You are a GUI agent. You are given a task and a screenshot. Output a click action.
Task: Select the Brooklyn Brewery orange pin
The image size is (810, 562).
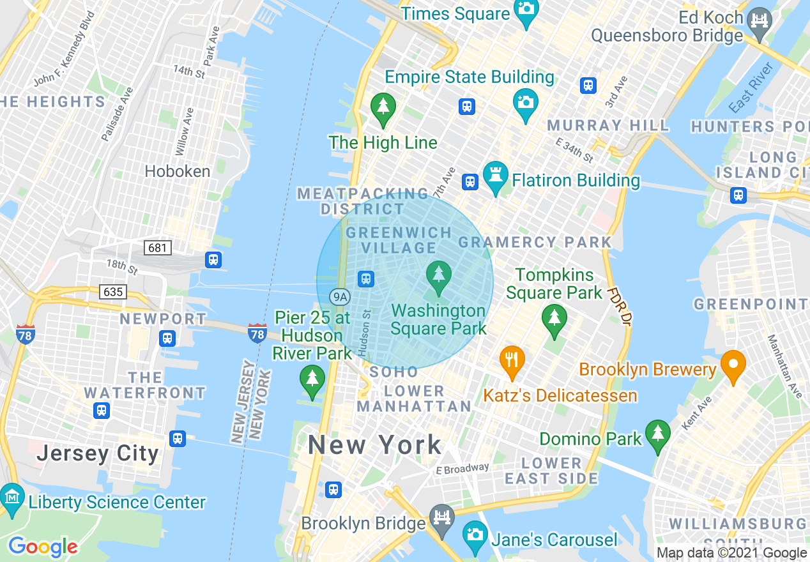pos(733,366)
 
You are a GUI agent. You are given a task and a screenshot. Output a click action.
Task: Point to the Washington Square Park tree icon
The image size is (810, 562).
pos(438,276)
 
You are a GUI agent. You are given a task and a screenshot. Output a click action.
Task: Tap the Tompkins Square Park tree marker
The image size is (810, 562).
pos(554,319)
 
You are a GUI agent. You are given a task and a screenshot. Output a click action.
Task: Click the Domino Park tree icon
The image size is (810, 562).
pos(657,435)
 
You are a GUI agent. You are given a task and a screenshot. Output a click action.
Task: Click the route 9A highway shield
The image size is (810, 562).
pos(340,296)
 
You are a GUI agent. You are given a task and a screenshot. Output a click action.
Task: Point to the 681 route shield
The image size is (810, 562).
pos(157,247)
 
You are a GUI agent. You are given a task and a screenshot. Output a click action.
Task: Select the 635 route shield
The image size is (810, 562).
pos(113,292)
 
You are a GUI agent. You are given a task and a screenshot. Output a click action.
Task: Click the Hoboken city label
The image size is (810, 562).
pos(178,171)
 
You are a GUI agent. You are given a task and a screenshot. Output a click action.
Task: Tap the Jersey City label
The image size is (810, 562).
pos(98,453)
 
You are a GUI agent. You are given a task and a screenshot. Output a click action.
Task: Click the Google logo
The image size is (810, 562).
pos(43,547)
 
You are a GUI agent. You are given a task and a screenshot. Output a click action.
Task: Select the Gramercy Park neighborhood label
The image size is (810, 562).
pos(535,242)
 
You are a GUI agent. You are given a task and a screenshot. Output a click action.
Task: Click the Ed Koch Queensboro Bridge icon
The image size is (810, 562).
pos(760,20)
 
